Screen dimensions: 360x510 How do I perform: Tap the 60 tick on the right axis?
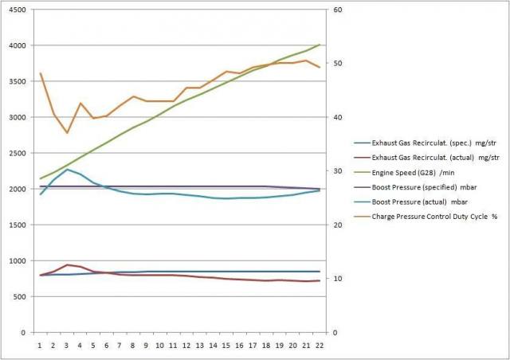335,10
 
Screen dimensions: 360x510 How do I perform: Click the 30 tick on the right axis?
335,171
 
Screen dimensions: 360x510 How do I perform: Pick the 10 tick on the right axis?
335,279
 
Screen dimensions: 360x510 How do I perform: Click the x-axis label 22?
320,345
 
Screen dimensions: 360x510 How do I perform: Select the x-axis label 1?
40,345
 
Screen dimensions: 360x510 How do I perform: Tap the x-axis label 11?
160,345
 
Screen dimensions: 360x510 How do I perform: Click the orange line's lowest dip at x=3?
67,133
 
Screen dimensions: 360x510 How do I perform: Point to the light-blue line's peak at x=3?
67,170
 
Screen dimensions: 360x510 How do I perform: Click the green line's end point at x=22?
320,45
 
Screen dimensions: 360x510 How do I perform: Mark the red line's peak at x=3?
67,264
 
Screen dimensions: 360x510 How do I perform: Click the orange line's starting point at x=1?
40,73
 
